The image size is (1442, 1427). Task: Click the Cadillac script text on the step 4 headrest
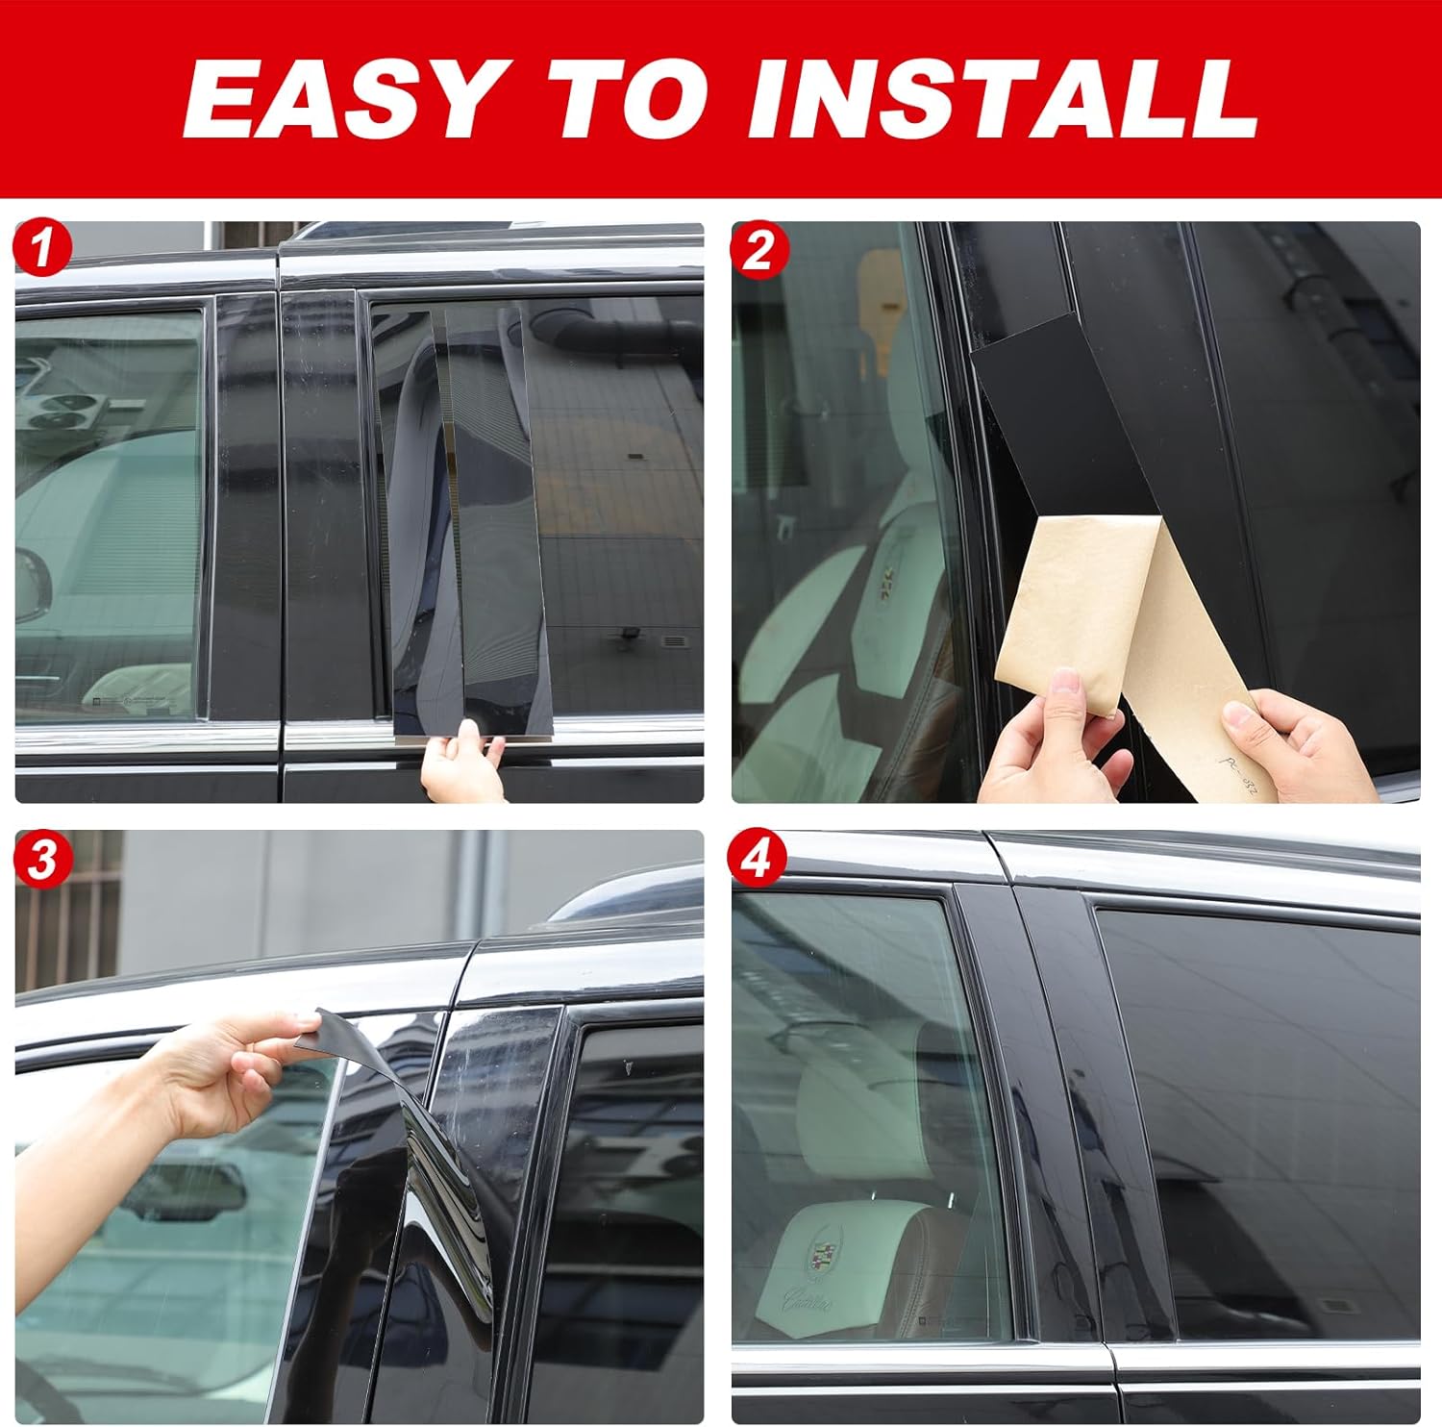(x=817, y=1303)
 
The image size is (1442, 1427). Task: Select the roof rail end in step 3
(x=625, y=899)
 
